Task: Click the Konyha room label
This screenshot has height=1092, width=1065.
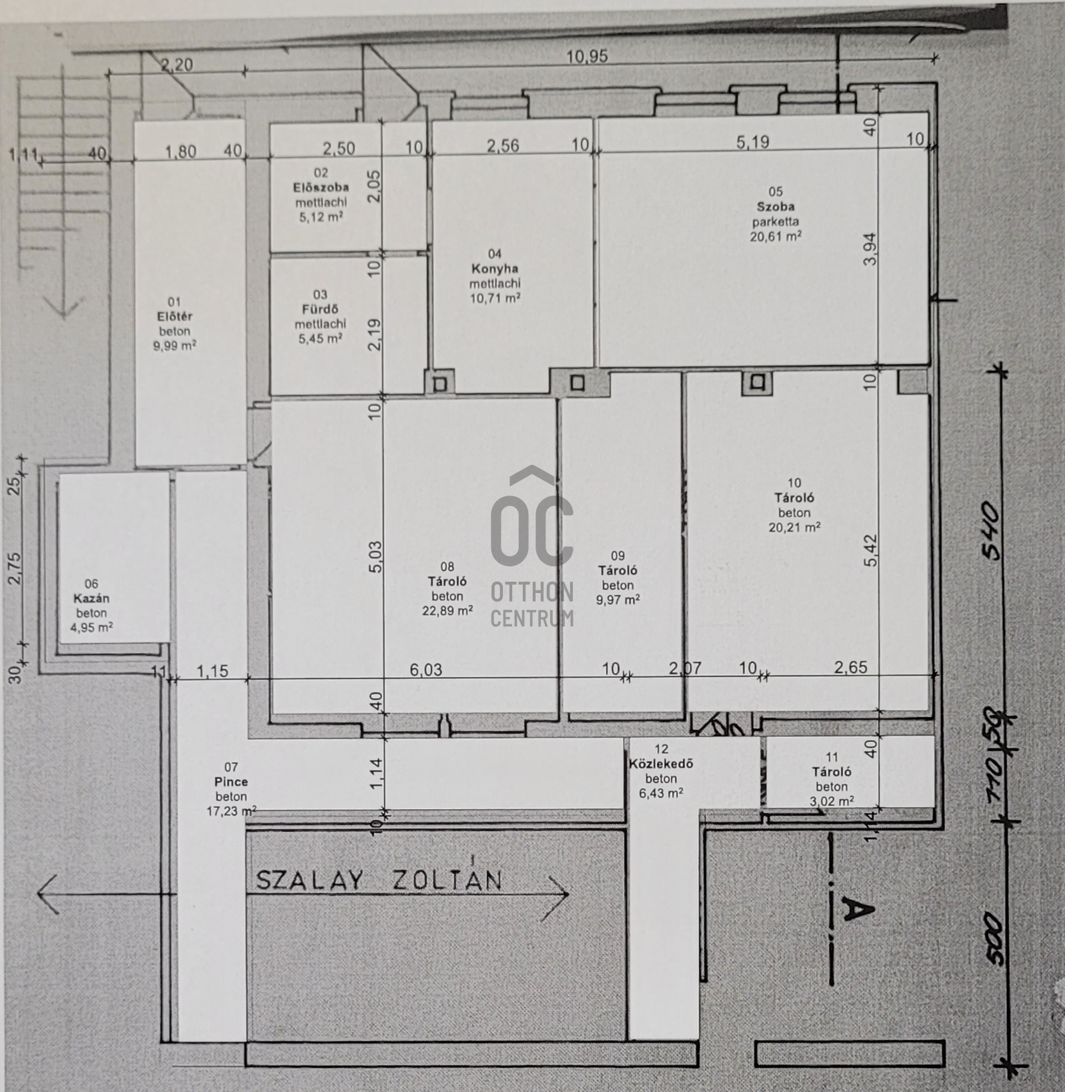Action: point(494,269)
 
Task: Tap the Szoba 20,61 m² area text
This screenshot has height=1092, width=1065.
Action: point(775,236)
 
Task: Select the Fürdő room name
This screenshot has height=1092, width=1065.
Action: point(320,310)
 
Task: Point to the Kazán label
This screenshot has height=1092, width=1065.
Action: point(91,598)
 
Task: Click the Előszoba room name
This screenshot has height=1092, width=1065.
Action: point(321,187)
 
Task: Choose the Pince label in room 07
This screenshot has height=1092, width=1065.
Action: point(231,782)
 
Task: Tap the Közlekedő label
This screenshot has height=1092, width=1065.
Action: point(661,764)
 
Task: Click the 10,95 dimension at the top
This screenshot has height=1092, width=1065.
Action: point(587,57)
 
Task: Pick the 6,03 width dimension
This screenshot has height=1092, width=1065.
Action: point(425,670)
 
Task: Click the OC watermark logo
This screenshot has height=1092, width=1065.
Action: point(531,517)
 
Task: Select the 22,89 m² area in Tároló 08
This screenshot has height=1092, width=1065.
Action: point(447,610)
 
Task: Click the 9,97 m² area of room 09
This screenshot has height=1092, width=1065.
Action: point(618,600)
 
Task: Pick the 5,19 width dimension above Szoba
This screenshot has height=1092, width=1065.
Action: point(753,141)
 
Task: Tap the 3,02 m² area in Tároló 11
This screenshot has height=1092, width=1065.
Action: point(832,801)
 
